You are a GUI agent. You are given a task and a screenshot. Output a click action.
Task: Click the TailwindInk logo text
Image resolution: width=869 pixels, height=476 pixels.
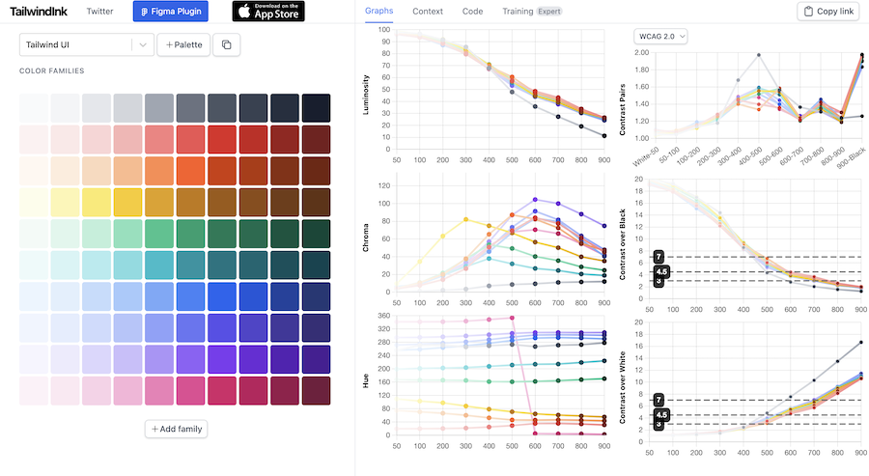(40, 12)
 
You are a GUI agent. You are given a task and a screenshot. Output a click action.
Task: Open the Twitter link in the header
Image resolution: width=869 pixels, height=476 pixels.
(99, 12)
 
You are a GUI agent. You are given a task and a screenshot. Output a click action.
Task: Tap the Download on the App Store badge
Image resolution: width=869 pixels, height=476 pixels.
(267, 12)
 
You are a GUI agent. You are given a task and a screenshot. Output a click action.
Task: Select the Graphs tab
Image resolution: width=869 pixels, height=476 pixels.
(379, 12)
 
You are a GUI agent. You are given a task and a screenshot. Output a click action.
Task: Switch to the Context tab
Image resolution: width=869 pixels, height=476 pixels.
(428, 12)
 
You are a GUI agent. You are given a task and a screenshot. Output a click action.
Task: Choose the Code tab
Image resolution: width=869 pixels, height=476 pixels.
(472, 12)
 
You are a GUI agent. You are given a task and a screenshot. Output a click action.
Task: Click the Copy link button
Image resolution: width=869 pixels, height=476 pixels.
(827, 12)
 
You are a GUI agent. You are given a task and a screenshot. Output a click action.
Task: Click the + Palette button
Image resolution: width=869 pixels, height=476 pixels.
(182, 44)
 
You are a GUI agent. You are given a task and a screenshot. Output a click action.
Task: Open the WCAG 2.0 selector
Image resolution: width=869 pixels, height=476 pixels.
(660, 36)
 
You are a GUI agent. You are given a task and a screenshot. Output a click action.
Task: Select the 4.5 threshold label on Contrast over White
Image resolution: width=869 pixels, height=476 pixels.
(660, 414)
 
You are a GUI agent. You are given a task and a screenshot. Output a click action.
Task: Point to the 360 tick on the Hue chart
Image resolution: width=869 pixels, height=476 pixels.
(383, 316)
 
